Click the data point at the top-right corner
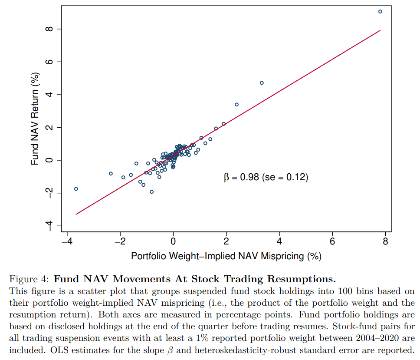[380, 12]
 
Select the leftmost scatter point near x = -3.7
[76, 189]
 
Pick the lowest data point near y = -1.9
[151, 192]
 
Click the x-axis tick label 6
[332, 241]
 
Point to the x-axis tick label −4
[66, 241]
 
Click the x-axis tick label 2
[226, 241]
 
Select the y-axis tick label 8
[48, 29]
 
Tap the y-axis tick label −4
[48, 225]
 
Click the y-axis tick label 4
[48, 95]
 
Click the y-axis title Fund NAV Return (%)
[35, 119]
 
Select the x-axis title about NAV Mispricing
[226, 256]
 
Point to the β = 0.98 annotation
[241, 177]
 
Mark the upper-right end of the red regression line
[380, 30]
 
